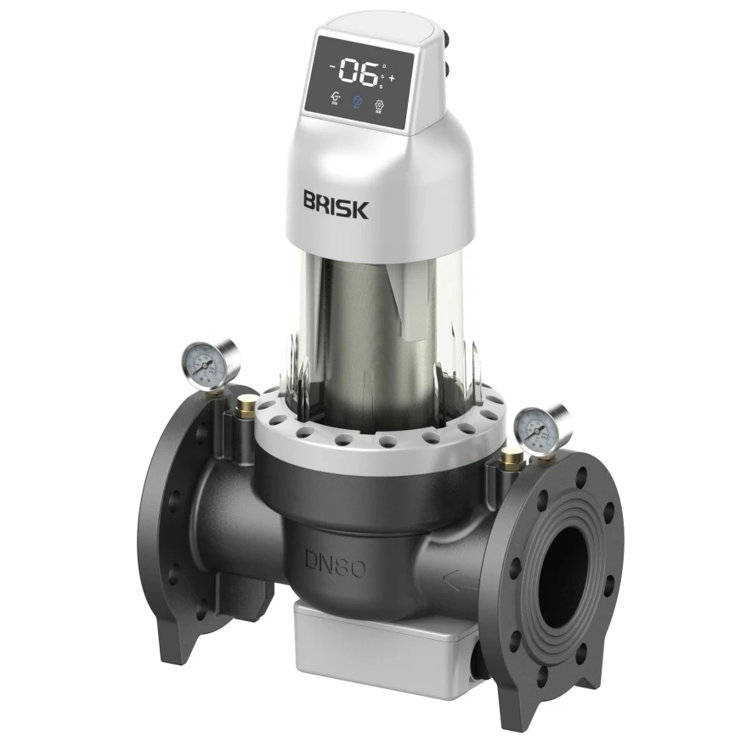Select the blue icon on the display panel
358,101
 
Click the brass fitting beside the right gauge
512,461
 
